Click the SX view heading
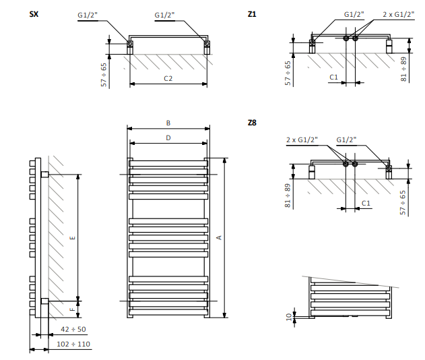coord(34,14)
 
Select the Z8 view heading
coord(253,123)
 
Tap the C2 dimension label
coord(168,79)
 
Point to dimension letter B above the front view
coord(168,123)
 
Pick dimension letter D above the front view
coord(168,138)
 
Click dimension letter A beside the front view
coord(219,238)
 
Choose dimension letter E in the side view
coord(73,238)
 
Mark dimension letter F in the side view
coord(73,309)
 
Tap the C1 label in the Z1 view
coord(333,78)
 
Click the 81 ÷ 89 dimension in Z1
coord(403,69)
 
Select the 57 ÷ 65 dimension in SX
coord(104,73)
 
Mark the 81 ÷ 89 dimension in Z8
coord(287,194)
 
